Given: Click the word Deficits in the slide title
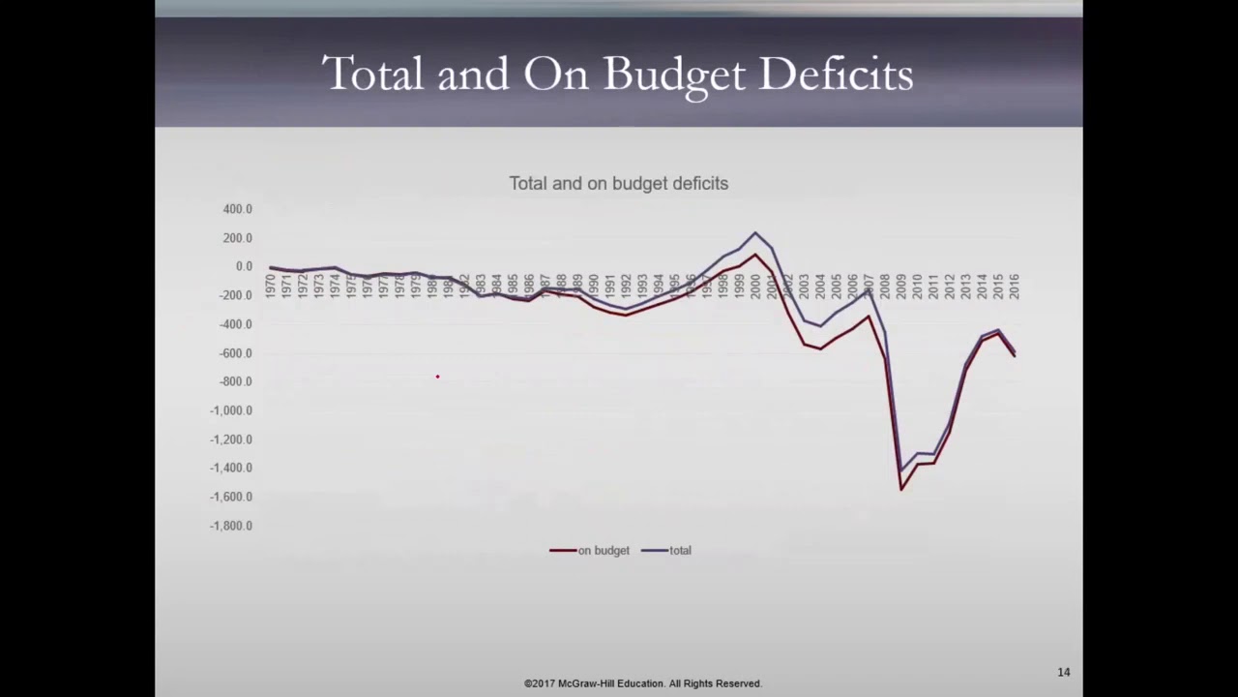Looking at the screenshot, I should [836, 74].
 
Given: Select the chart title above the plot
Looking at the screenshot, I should [618, 183].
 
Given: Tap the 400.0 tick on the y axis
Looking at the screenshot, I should [237, 209].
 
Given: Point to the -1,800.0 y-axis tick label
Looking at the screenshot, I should [231, 526].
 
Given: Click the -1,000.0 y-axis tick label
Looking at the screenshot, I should [231, 410].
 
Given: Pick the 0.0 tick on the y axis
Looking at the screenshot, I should [243, 266].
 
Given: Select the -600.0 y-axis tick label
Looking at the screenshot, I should [235, 353].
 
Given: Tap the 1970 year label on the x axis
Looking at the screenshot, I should [271, 286].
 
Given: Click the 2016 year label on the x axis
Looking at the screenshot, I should [1014, 286].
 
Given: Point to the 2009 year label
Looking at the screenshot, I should [900, 286].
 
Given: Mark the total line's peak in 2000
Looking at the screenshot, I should [755, 232].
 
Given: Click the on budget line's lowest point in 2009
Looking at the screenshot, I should [901, 489].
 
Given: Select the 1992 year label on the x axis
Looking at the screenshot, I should [626, 286].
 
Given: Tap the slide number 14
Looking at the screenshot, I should [1063, 672].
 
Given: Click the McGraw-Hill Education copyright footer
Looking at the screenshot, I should [643, 683].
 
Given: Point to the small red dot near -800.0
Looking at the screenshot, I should [437, 377].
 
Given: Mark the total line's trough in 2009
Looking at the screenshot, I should [901, 471].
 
